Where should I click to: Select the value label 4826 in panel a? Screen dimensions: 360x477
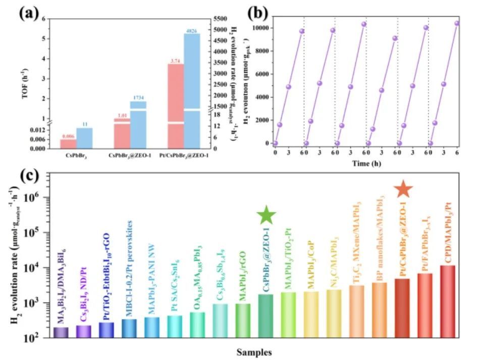click(192, 31)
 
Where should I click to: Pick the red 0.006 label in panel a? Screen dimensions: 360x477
click(68, 136)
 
